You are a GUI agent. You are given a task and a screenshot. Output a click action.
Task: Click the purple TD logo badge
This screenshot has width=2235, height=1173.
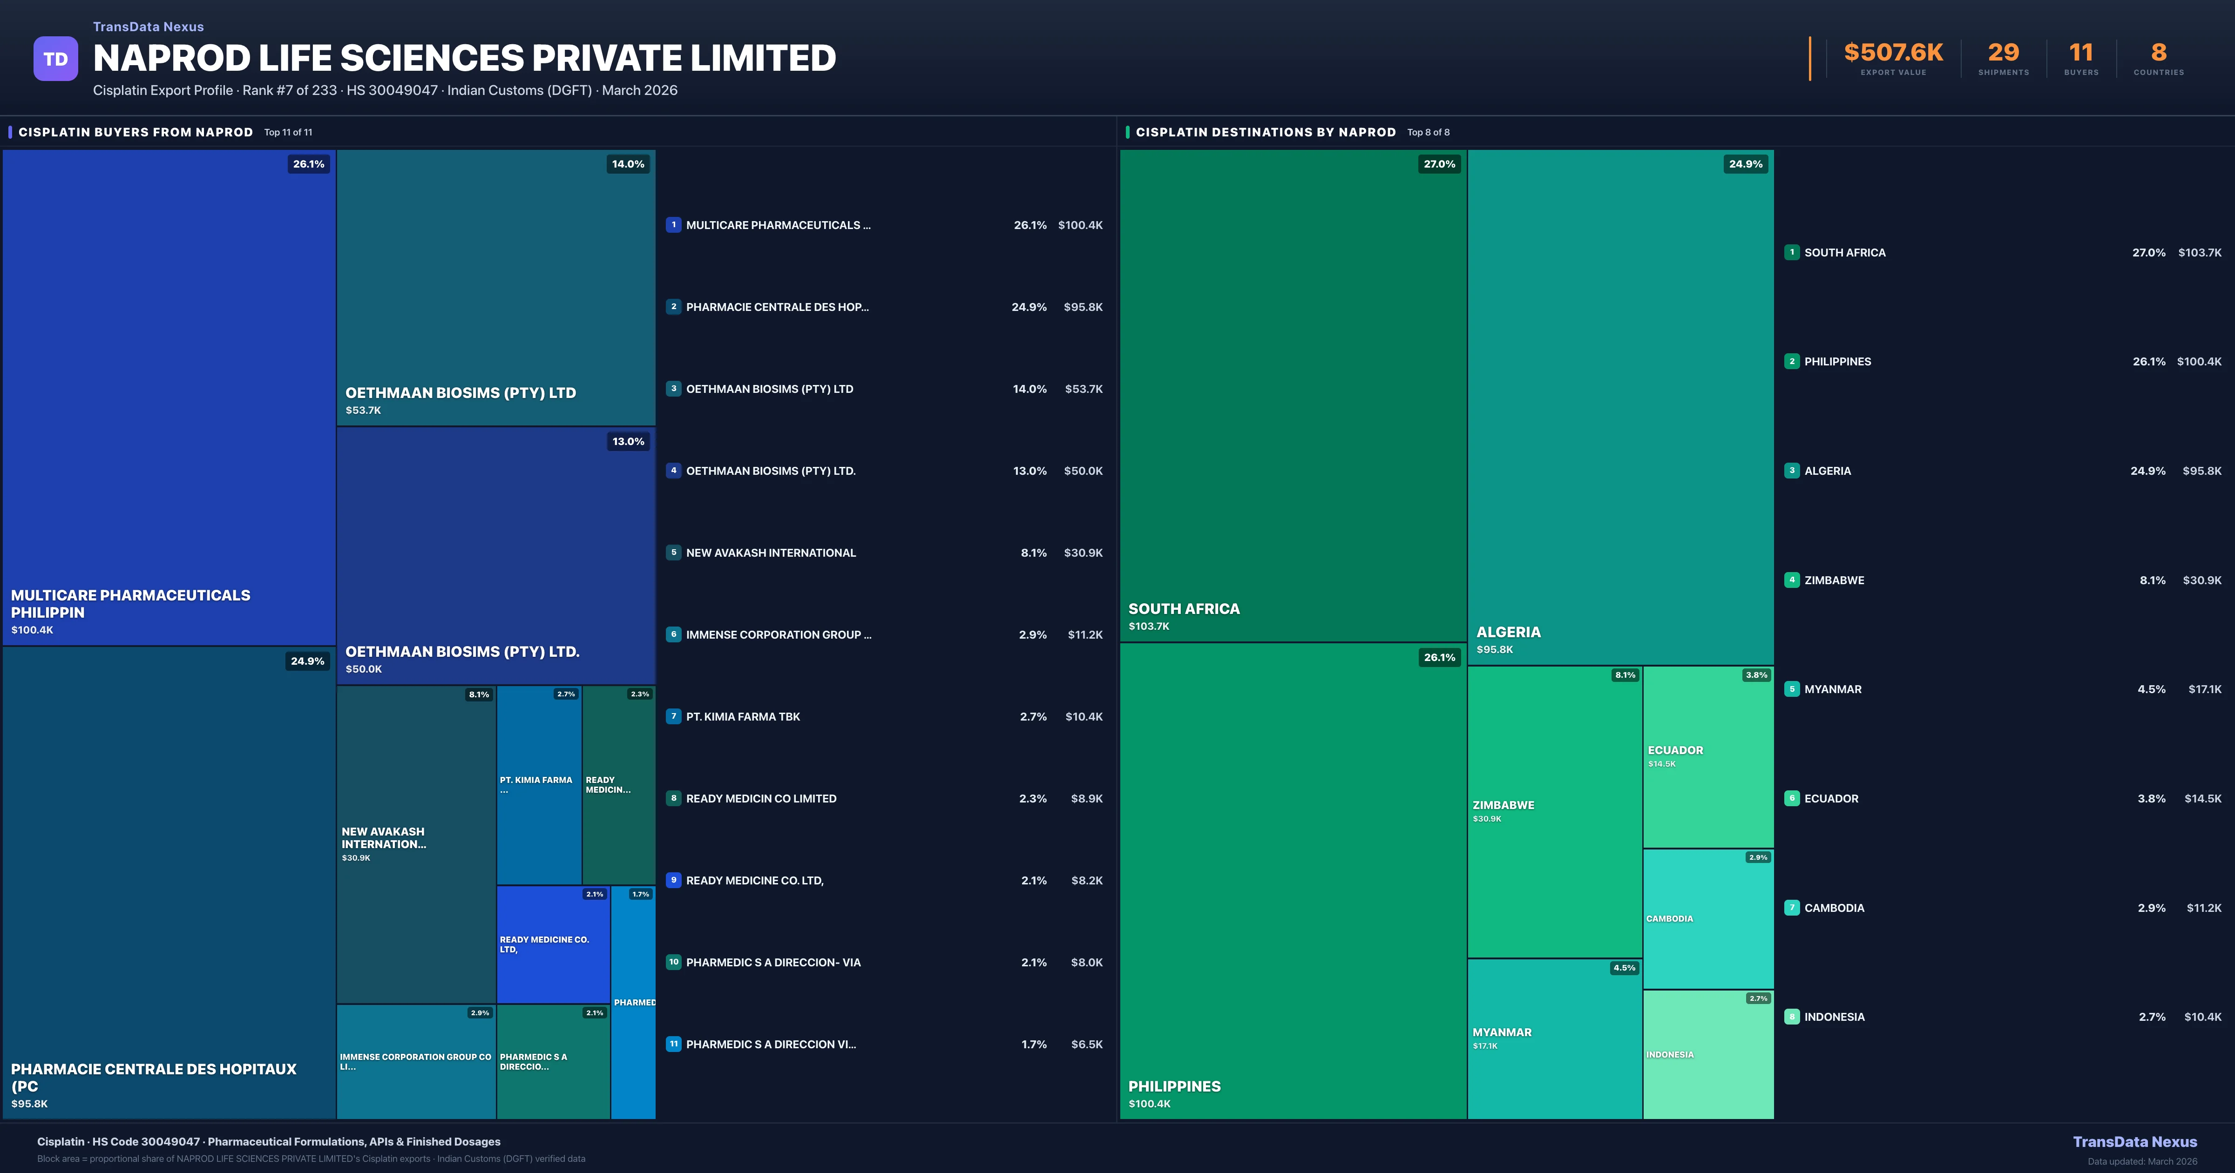tap(55, 59)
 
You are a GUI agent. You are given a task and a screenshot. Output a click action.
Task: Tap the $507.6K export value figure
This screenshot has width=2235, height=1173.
tap(1893, 53)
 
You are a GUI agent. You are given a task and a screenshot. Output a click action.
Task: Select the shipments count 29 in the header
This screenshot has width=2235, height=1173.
tap(2003, 53)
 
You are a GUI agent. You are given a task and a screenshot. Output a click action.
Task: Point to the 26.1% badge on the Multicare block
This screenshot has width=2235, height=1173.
tap(308, 164)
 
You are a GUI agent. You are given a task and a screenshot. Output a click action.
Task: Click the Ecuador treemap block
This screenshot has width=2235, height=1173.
tap(1707, 756)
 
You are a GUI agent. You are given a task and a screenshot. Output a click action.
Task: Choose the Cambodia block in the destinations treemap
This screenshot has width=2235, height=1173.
tap(1707, 919)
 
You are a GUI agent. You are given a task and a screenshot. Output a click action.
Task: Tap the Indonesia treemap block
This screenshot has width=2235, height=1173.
tap(1707, 1054)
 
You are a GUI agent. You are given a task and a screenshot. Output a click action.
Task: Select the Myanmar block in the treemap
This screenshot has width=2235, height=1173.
tap(1554, 1038)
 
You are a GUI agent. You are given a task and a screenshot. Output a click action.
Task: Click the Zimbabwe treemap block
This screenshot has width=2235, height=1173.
tap(1554, 811)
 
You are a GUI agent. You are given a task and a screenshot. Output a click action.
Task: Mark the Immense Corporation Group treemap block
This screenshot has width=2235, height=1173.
tap(416, 1061)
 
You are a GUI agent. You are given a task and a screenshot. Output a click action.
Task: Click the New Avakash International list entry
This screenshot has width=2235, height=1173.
tap(771, 553)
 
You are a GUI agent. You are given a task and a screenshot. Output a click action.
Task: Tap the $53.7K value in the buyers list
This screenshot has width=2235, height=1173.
tap(1084, 389)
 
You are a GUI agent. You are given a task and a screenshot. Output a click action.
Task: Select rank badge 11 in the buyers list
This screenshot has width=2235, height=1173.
tap(673, 1044)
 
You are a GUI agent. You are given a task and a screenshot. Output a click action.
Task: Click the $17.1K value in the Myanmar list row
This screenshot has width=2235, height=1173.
tap(2204, 689)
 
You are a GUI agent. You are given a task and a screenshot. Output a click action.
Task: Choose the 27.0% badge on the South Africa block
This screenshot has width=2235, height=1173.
tap(1438, 164)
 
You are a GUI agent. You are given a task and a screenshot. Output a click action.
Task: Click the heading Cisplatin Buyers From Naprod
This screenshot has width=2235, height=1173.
tap(135, 132)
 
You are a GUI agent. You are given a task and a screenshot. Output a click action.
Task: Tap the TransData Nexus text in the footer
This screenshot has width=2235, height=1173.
tap(2134, 1142)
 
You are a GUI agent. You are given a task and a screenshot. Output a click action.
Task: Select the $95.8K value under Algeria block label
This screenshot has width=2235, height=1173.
tap(1494, 649)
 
